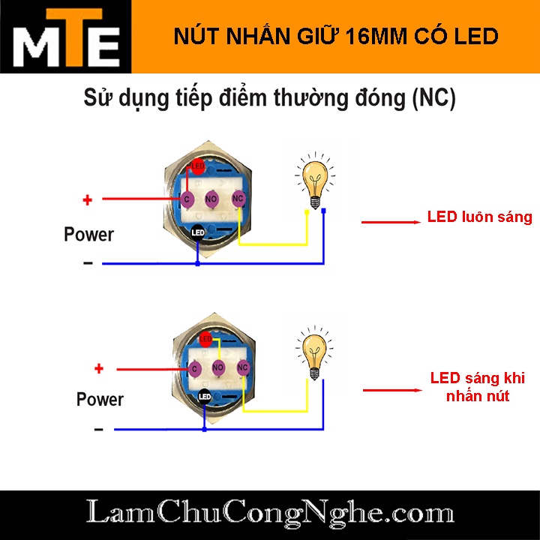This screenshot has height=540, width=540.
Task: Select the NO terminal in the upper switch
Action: click(212, 199)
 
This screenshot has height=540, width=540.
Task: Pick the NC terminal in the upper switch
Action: click(238, 199)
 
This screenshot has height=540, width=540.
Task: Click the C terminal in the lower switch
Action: click(194, 368)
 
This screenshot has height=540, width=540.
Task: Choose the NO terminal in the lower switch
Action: click(218, 367)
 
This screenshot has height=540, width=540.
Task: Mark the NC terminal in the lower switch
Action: click(242, 367)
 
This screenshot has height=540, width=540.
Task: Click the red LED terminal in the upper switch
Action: click(198, 166)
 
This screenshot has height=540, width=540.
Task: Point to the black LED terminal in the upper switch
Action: click(198, 232)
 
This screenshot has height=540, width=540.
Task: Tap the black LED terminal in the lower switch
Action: click(204, 396)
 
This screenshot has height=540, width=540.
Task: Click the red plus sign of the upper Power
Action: click(87, 200)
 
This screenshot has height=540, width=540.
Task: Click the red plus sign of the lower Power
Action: click(98, 368)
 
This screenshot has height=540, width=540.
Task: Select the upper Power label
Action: click(88, 234)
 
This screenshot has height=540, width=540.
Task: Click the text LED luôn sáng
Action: click(479, 217)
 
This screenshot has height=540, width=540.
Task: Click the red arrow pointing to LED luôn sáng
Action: click(390, 222)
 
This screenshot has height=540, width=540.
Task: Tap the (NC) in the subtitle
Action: click(433, 99)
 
